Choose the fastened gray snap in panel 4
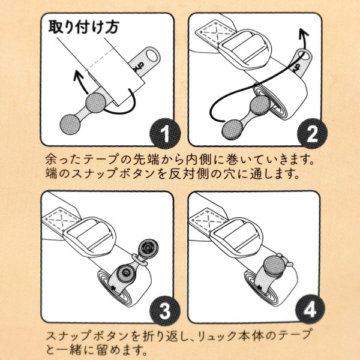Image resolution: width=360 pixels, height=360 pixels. (x=275, y=264)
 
